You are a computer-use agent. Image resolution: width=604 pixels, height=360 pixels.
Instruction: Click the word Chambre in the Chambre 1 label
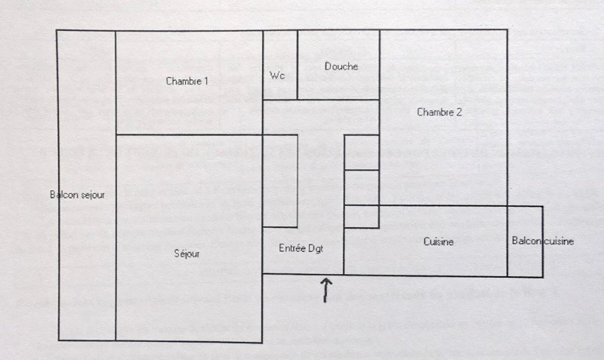pyautogui.click(x=183, y=82)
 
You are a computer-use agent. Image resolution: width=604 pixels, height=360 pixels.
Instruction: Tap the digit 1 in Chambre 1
pyautogui.click(x=205, y=82)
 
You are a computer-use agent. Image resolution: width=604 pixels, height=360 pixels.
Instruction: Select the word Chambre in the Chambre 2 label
pyautogui.click(x=434, y=112)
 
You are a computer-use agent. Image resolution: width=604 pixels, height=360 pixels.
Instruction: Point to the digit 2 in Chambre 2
pyautogui.click(x=458, y=112)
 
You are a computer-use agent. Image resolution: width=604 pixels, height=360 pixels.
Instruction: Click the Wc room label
pyautogui.click(x=277, y=75)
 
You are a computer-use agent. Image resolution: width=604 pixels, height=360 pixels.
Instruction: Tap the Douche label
pyautogui.click(x=341, y=66)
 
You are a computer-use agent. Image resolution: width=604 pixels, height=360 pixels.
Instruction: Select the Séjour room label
pyautogui.click(x=186, y=254)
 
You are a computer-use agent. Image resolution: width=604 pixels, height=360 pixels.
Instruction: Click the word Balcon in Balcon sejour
pyautogui.click(x=64, y=195)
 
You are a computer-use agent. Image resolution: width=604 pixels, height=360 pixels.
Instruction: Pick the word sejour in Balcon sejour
pyautogui.click(x=92, y=195)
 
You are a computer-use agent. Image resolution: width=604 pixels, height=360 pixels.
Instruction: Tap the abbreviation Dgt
pyautogui.click(x=316, y=249)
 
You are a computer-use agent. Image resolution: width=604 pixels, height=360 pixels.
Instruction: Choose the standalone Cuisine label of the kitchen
pyautogui.click(x=439, y=242)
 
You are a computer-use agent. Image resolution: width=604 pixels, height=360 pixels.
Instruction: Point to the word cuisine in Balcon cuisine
pyautogui.click(x=559, y=241)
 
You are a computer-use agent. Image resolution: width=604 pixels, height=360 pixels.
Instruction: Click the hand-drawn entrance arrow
pyautogui.click(x=325, y=290)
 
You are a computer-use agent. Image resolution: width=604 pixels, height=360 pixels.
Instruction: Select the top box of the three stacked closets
pyautogui.click(x=362, y=152)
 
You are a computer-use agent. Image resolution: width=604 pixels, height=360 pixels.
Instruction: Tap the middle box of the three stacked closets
pyautogui.click(x=362, y=187)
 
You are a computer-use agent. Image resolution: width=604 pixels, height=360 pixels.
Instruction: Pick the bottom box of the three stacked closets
pyautogui.click(x=362, y=217)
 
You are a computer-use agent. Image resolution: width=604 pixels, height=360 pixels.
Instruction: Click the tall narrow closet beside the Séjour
pyautogui.click(x=280, y=181)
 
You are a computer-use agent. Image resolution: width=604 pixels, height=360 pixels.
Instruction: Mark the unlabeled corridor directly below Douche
pyautogui.click(x=321, y=117)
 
